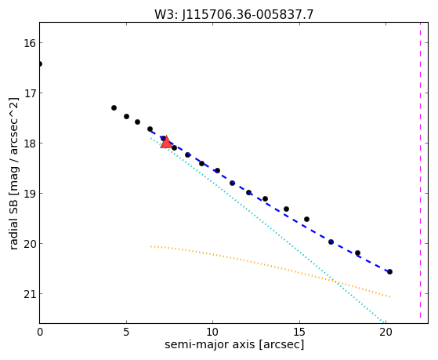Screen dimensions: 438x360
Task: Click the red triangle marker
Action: pyautogui.click(x=166, y=142)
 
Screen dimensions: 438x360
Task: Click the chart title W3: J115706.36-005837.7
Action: pyautogui.click(x=234, y=14)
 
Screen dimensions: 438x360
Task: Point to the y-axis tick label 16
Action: pyautogui.click(x=29, y=43)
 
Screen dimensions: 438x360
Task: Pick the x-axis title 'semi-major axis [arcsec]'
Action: pyautogui.click(x=234, y=344)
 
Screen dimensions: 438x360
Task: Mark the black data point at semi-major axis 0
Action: pyautogui.click(x=40, y=64)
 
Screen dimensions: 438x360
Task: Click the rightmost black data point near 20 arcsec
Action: pyautogui.click(x=389, y=271)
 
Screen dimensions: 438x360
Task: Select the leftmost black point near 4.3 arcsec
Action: pyautogui.click(x=114, y=107)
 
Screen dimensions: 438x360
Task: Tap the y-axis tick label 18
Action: pyautogui.click(x=29, y=144)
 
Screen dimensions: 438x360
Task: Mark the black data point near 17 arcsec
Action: pyautogui.click(x=331, y=242)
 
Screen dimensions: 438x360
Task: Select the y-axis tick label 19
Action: pyautogui.click(x=29, y=193)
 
